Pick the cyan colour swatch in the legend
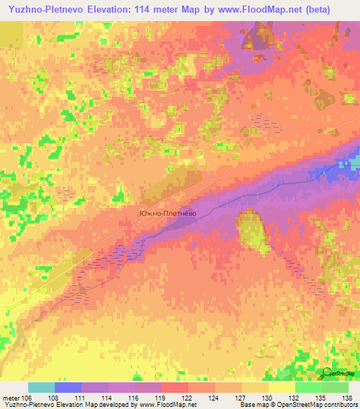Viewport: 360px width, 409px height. pyautogui.click(x=41, y=387)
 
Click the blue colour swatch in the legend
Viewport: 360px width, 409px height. pyautogui.click(x=68, y=387)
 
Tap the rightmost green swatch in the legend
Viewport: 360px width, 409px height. pyautogui.click(x=335, y=387)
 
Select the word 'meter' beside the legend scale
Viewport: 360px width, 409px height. pyautogui.click(x=11, y=397)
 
